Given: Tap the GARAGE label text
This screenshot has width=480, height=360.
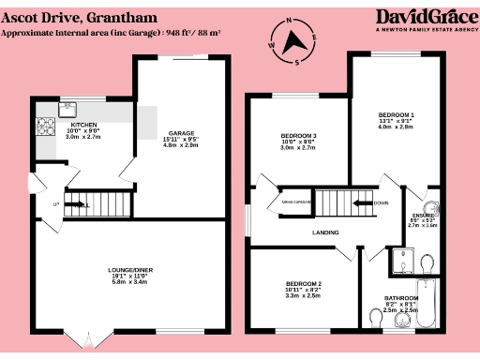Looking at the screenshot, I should tap(181, 133).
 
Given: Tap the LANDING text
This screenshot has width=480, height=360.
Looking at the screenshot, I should tap(325, 232).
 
